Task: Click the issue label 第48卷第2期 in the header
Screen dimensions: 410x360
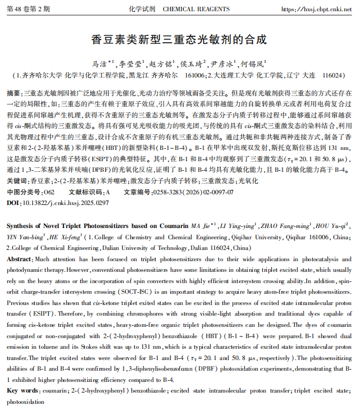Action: [x=28, y=10]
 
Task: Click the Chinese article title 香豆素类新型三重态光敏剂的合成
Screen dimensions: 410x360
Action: [x=179, y=40]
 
